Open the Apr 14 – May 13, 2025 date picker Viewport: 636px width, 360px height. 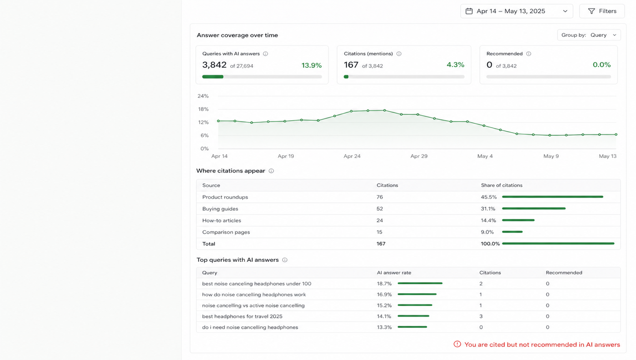coord(517,11)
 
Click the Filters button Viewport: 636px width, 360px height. coord(602,11)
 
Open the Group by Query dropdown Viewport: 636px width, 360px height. coord(589,35)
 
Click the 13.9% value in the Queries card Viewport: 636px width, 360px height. coord(312,65)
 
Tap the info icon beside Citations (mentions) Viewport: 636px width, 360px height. coord(399,54)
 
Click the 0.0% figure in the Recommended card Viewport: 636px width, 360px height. coord(601,65)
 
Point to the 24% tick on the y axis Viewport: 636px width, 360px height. coord(203,96)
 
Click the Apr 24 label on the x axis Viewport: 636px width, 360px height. coord(352,156)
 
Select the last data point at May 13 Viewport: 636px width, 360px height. coord(616,135)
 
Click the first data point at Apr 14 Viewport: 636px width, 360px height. coord(219,121)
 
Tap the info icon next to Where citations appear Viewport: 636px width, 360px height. coord(272,171)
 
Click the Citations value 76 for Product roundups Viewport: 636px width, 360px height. coord(380,197)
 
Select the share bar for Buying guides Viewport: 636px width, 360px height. coord(534,209)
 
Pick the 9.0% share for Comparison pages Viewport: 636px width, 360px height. coord(487,232)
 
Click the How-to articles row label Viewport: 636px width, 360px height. coord(222,220)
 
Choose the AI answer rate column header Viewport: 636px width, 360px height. coord(394,272)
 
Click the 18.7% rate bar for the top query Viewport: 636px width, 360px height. coord(420,283)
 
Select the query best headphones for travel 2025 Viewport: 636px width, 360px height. coord(242,316)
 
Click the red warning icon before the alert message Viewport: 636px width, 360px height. coord(457,344)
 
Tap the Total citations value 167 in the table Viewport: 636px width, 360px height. coord(381,244)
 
